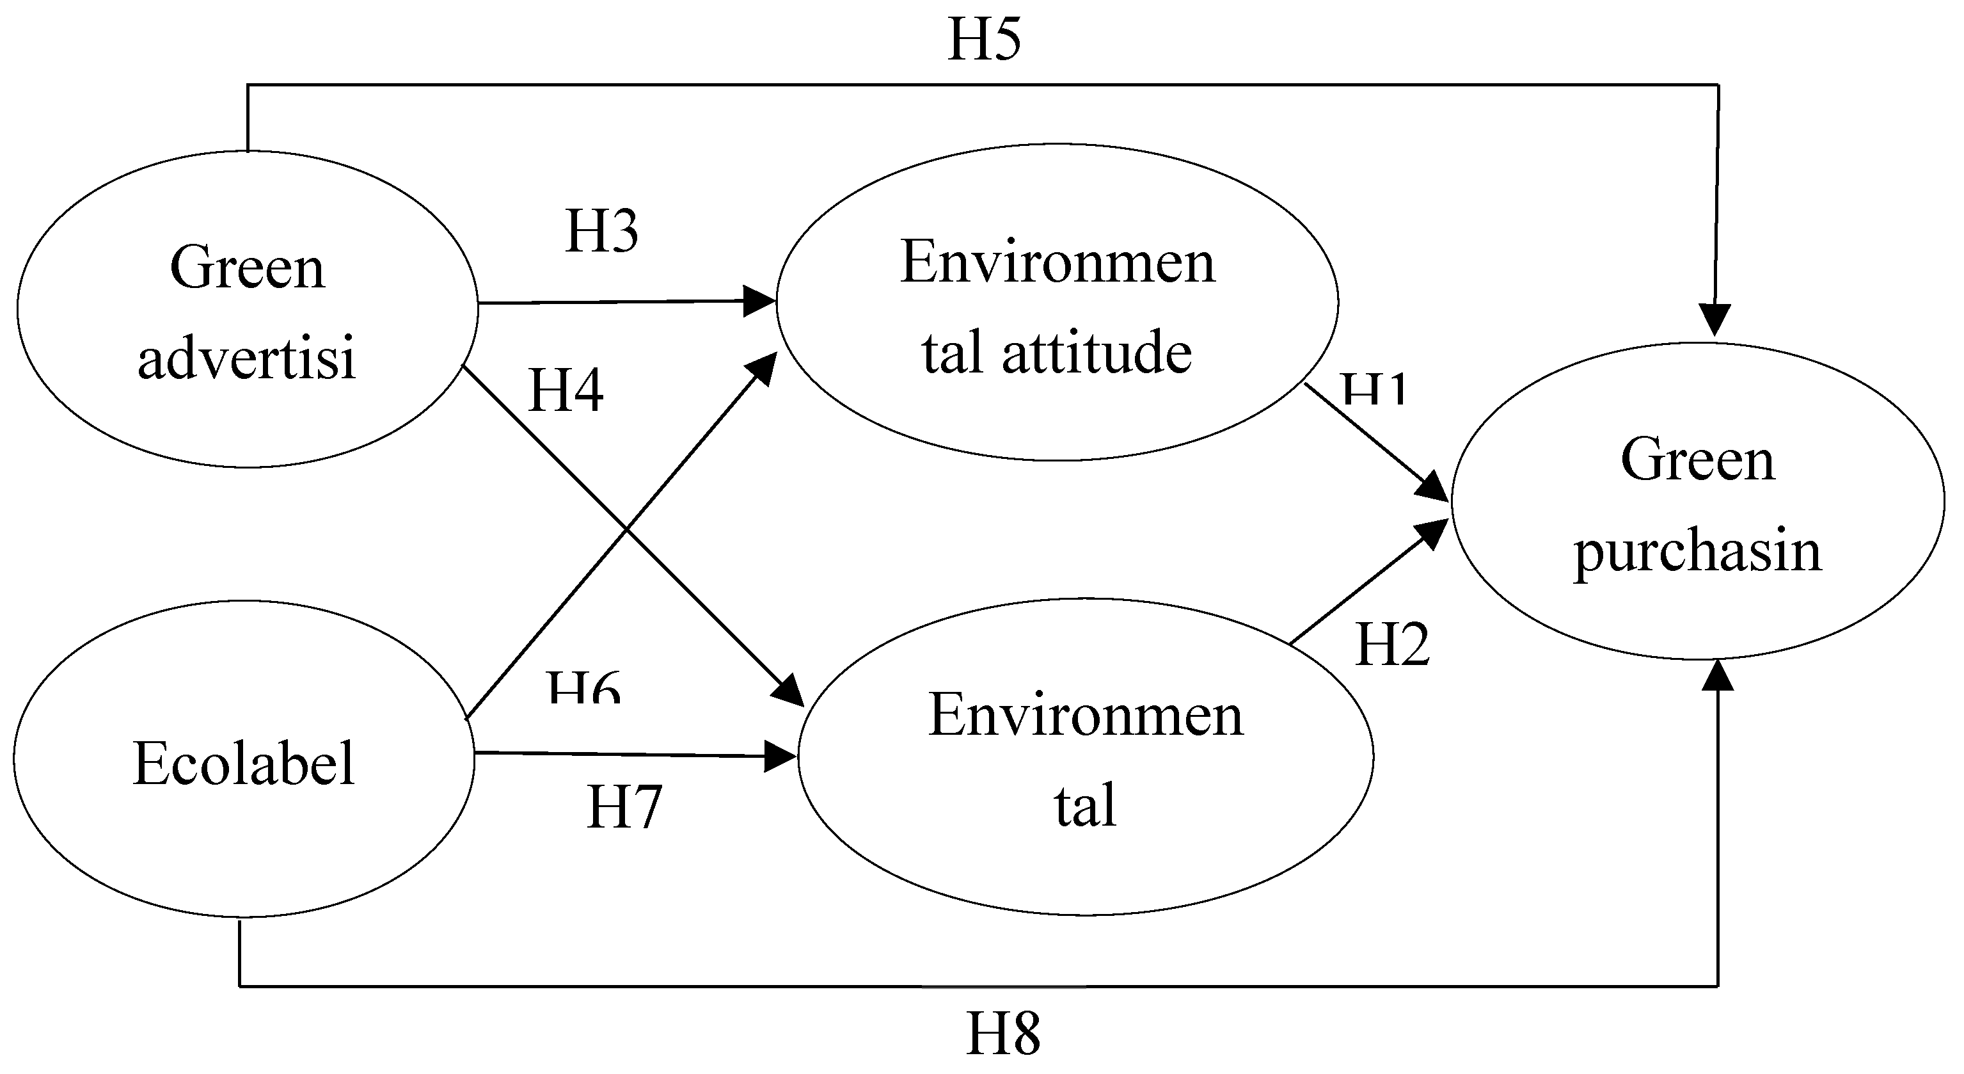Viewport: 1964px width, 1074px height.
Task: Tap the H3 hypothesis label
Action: pos(601,231)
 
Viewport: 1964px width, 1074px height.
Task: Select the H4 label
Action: pos(566,390)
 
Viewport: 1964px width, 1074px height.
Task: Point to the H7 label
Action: pos(624,807)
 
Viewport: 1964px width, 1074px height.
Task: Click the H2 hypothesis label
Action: pos(1392,645)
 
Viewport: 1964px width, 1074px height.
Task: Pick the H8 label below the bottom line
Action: pos(1003,1034)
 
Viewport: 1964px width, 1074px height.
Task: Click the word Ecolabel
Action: pos(244,763)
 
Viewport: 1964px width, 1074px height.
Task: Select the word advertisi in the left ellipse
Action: pos(246,358)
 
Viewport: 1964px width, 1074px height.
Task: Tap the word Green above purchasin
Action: pos(1698,460)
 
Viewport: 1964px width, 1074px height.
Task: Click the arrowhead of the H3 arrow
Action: pos(760,301)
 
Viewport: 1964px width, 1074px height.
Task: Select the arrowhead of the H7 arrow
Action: pos(780,757)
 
